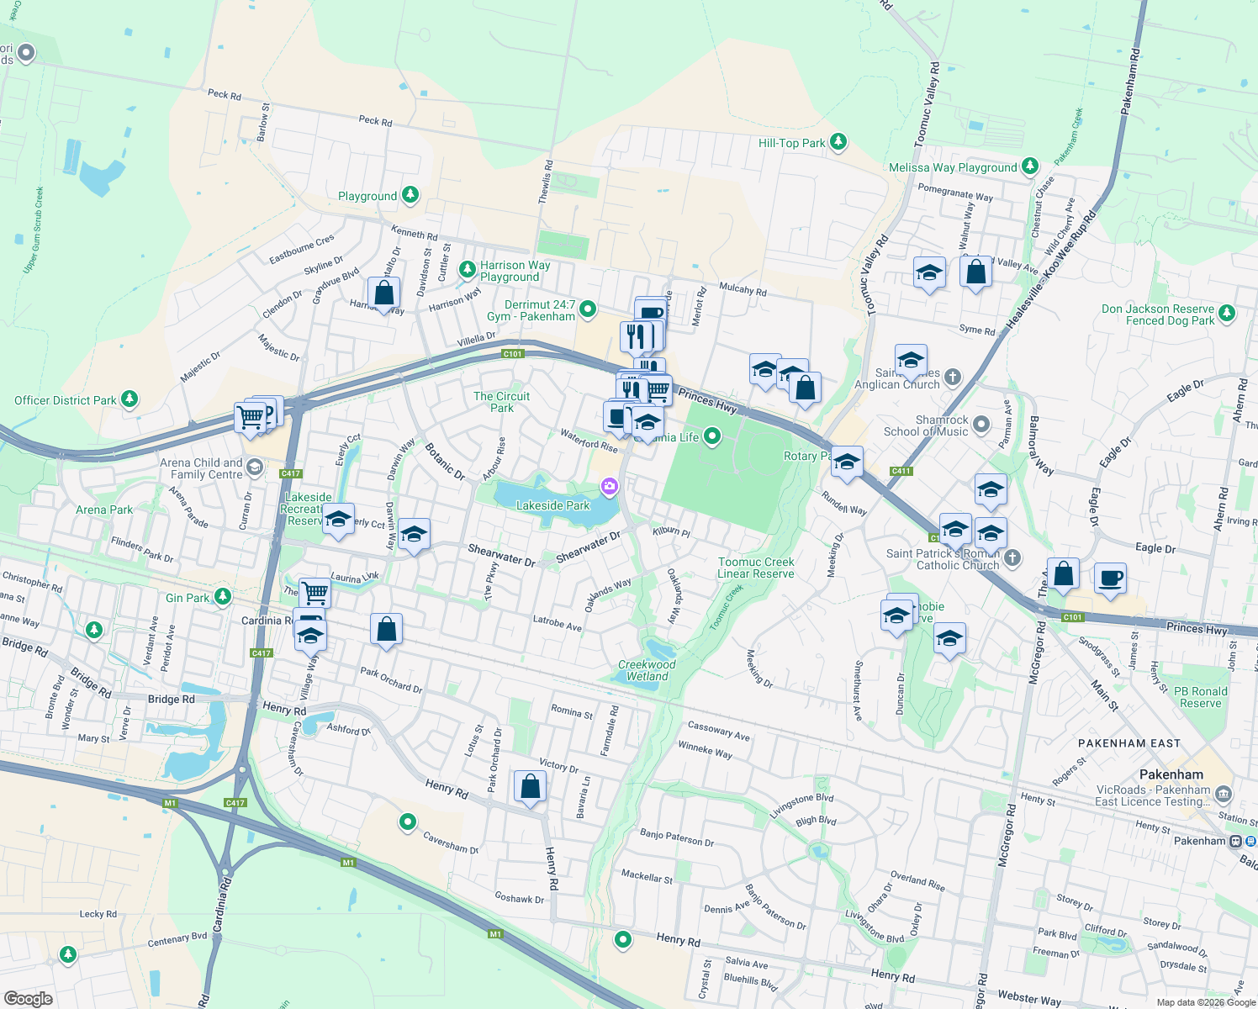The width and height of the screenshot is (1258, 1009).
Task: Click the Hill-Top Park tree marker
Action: [x=838, y=141]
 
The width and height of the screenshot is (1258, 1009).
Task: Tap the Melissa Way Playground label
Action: [x=953, y=167]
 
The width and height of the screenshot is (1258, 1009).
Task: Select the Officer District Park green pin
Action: [x=129, y=399]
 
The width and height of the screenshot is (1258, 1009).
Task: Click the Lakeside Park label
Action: [x=552, y=505]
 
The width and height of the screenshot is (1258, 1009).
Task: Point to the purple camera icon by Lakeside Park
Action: [x=609, y=486]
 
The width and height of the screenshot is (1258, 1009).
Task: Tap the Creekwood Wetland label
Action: [x=647, y=670]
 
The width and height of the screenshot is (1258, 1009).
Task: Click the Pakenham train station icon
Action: [x=1236, y=841]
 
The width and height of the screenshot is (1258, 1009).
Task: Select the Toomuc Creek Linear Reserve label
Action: [x=756, y=568]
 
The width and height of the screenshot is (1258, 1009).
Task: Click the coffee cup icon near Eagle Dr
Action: [x=1110, y=578]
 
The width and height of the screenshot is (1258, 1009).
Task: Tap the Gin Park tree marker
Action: [x=222, y=596]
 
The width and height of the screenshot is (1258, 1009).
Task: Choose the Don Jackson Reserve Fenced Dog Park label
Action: [x=1158, y=314]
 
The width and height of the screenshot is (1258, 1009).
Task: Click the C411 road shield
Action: [x=901, y=471]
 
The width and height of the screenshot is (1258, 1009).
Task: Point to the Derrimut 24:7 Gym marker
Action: [x=588, y=309]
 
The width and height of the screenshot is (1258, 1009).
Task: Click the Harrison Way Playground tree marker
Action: [x=468, y=270]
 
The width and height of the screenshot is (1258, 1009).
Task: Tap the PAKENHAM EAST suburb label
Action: [x=1129, y=743]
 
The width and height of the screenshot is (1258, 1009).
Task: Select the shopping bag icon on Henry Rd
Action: [x=531, y=787]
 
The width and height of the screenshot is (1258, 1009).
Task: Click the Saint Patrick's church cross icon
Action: [x=1012, y=557]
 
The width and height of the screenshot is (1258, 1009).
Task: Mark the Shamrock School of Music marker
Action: [x=980, y=425]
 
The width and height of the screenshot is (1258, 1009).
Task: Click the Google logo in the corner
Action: [x=28, y=999]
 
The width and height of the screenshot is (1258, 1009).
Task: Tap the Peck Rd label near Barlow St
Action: [x=225, y=94]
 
